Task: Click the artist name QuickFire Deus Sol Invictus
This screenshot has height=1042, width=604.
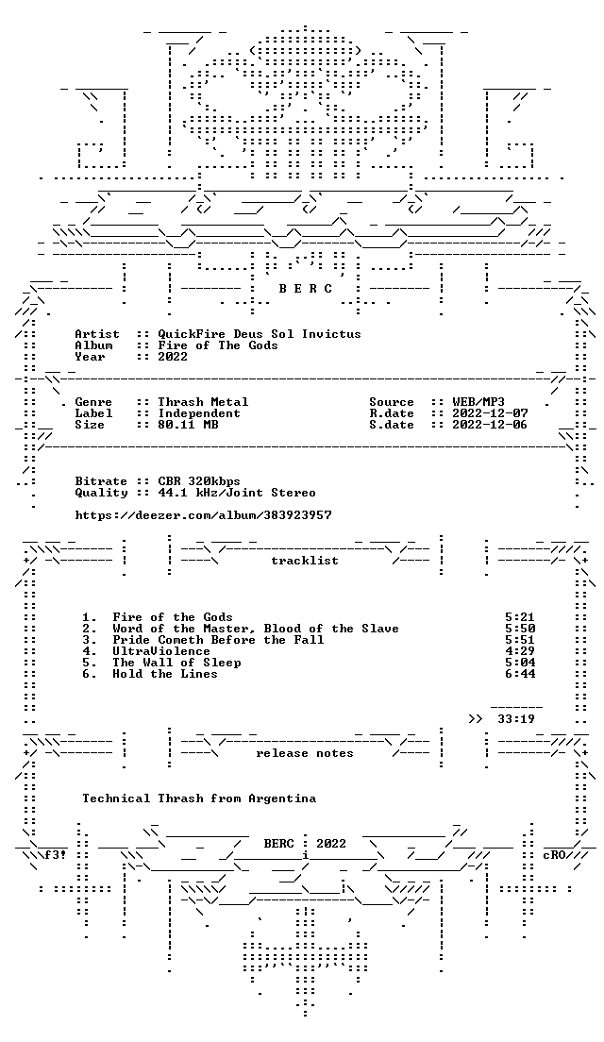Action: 260,333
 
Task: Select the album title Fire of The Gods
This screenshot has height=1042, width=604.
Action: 218,345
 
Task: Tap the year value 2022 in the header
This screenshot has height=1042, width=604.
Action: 173,356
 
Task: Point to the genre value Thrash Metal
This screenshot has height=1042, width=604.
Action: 203,402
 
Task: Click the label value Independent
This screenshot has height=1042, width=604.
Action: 199,413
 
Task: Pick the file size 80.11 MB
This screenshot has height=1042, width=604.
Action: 188,425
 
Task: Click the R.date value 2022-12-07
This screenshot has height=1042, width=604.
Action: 490,413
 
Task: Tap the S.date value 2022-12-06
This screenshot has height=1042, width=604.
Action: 490,425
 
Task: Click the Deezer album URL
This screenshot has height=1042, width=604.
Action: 203,515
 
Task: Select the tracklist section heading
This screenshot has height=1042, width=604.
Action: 305,561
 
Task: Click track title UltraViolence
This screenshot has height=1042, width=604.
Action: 161,651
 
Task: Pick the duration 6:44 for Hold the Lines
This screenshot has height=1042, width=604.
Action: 520,674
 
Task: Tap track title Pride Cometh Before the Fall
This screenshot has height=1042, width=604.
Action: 218,640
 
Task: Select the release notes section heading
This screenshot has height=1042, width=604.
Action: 305,753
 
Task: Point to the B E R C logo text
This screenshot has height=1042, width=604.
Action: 305,289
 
